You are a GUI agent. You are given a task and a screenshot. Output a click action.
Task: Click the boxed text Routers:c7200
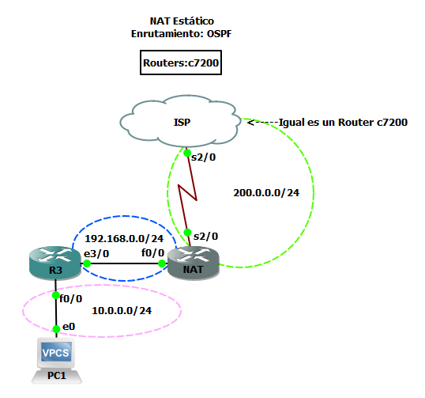pyautogui.click(x=181, y=63)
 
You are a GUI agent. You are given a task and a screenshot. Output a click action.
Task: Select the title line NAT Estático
pyautogui.click(x=180, y=20)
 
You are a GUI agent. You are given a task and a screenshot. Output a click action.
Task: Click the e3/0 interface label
pyautogui.click(x=96, y=253)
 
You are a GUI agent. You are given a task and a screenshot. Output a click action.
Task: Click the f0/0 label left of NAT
pyautogui.click(x=152, y=253)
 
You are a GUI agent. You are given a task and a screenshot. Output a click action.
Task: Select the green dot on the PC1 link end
pyautogui.click(x=56, y=329)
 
